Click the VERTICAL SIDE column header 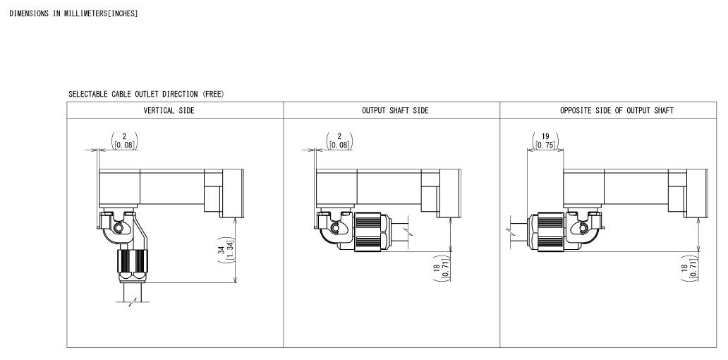coord(169,111)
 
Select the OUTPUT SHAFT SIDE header coord(395,111)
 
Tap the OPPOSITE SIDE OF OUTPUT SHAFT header coord(617,111)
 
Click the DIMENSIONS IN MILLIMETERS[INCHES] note coord(74,13)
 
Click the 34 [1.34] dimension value coord(225,250)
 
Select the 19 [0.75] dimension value coord(545,140)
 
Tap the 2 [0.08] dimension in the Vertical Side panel coord(124,140)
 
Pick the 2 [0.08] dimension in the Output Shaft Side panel coord(339,140)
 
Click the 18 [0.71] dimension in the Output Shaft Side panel coord(441,268)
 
